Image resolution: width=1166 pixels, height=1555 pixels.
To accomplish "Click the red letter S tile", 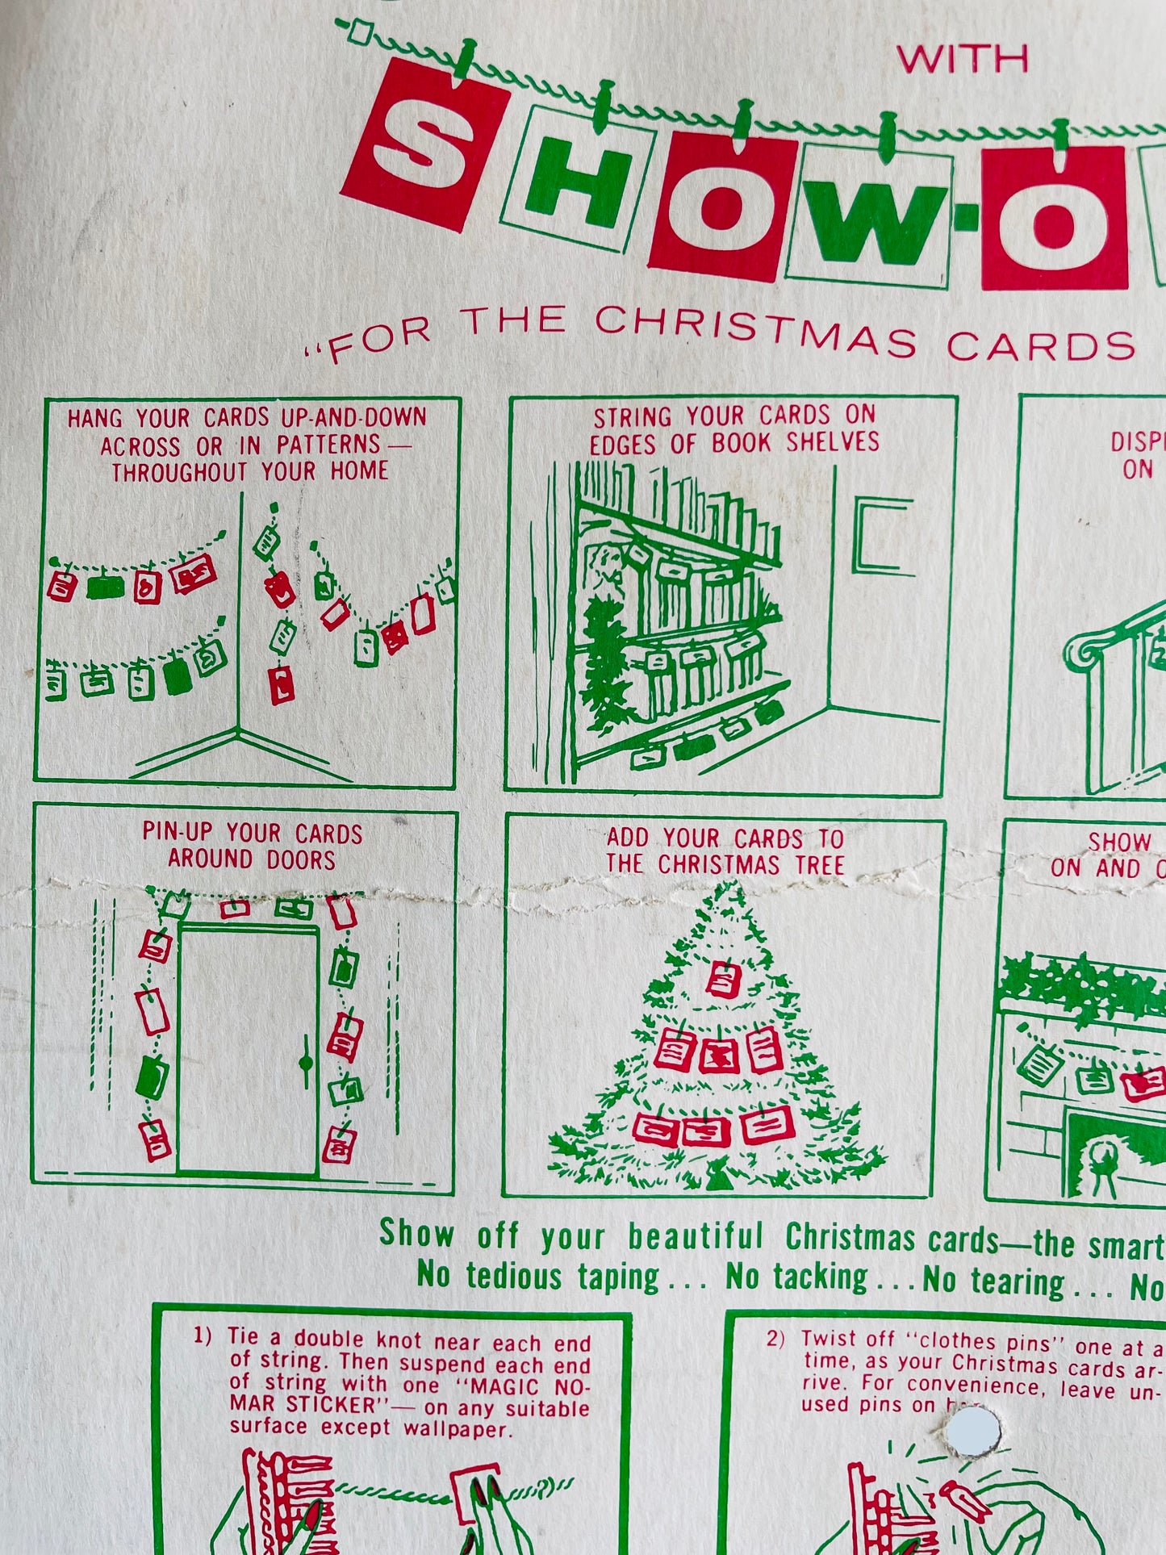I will tap(425, 145).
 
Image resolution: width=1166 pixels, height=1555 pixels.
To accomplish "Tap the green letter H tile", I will tap(578, 179).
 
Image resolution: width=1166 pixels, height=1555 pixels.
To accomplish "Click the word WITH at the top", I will tap(963, 59).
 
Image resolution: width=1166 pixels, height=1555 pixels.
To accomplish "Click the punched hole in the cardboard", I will tap(972, 1432).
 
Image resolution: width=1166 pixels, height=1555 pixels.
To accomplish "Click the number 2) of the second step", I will tap(775, 1339).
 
